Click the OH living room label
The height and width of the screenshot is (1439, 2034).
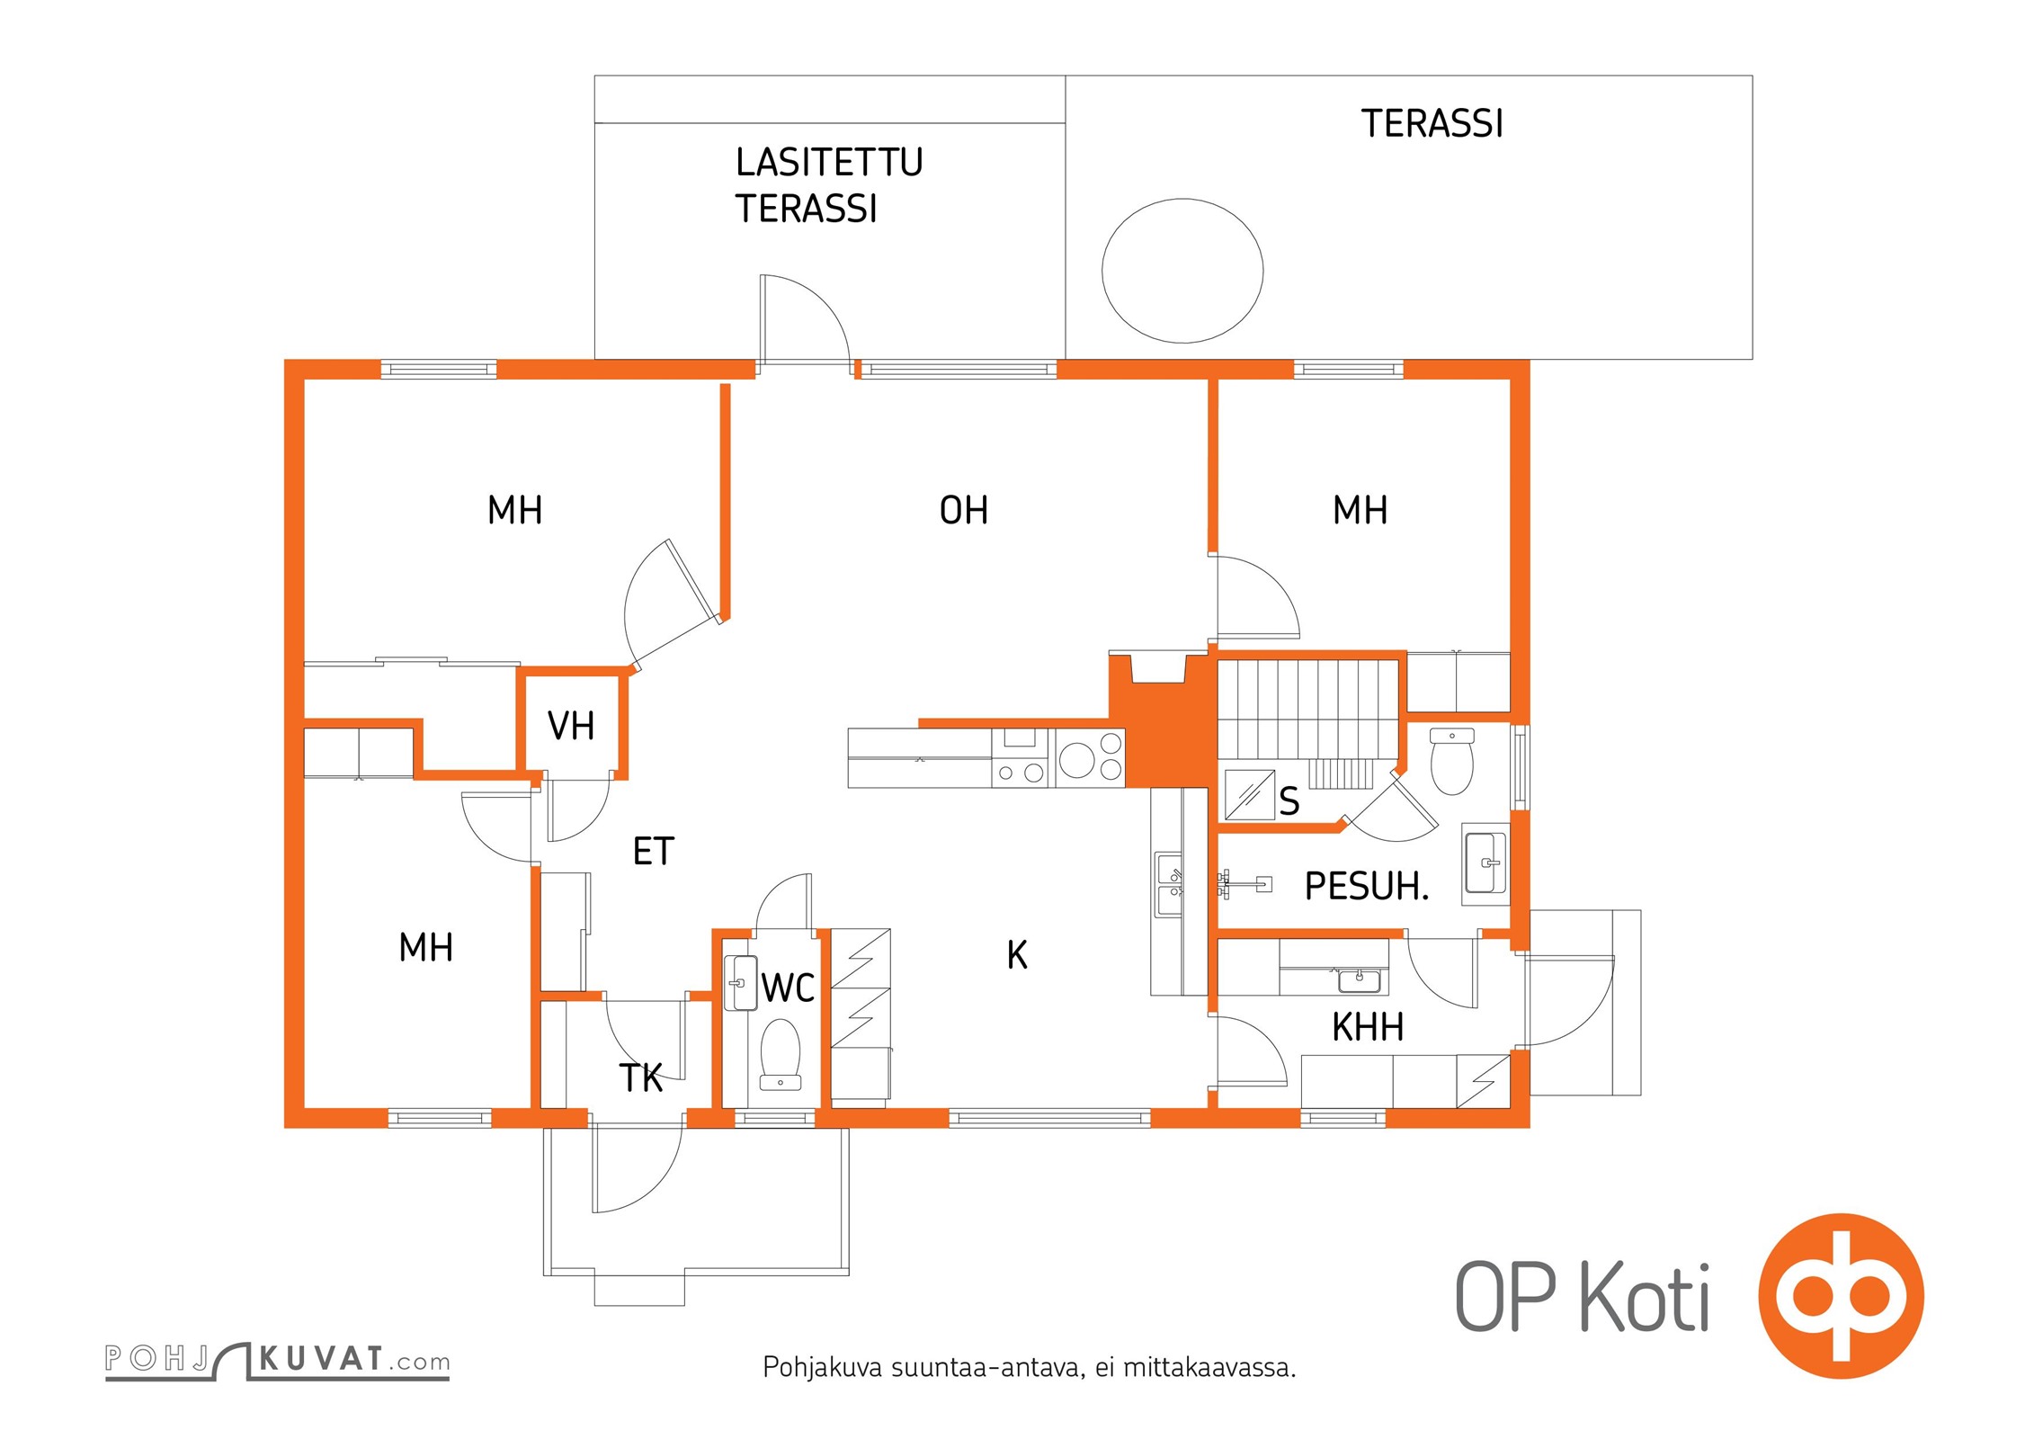tap(964, 510)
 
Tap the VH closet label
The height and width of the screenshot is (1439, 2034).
tap(571, 726)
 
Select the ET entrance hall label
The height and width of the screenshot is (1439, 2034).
tap(654, 852)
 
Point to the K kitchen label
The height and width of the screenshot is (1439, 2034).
tap(1017, 955)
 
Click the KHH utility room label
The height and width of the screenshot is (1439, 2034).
tap(1368, 1027)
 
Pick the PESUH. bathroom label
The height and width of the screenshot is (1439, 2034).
tap(1367, 887)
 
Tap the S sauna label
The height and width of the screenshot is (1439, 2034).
tap(1289, 800)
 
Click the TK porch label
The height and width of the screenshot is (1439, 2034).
tap(641, 1078)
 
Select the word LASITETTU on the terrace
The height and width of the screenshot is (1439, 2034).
tap(829, 162)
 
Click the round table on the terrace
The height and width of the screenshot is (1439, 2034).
tap(1182, 271)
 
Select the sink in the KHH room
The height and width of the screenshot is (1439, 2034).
tap(1360, 979)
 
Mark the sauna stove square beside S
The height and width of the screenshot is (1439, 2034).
tap(1250, 794)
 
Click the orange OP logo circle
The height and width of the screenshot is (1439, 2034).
tap(1842, 1296)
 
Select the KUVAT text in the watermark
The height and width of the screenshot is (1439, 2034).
tap(322, 1358)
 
